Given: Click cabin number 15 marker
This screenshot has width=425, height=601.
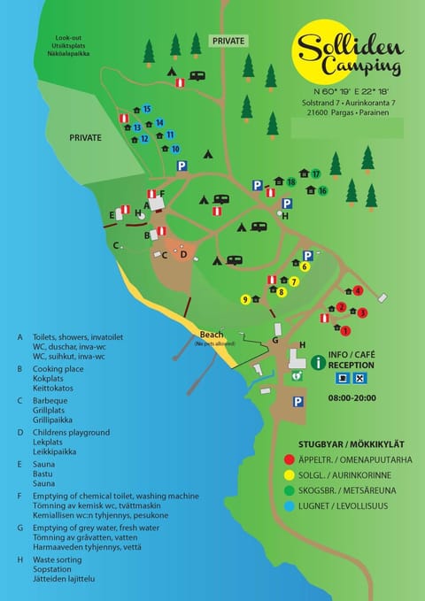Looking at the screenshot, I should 147,109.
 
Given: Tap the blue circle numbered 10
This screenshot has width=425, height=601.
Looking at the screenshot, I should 175,149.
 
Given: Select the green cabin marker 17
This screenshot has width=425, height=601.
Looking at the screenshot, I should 315,174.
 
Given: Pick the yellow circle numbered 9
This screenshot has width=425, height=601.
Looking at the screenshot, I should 244,299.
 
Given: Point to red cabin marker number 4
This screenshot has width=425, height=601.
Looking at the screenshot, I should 359,290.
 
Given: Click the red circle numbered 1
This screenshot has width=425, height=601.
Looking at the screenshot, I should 345,331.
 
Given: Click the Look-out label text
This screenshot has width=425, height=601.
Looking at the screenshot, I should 68,39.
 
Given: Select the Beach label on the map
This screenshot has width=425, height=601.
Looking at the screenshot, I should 211,334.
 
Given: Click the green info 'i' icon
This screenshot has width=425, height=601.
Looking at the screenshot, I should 319,362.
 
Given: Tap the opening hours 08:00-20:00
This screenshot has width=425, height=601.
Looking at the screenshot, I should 352,398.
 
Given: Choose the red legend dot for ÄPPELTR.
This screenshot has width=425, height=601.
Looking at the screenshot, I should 290,459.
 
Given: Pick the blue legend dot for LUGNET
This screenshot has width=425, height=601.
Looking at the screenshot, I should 290,507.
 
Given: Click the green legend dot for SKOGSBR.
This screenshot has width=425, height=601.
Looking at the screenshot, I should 290,491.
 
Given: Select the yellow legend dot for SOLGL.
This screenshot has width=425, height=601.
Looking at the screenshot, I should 290,475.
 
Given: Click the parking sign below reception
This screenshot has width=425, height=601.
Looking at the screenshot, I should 298,401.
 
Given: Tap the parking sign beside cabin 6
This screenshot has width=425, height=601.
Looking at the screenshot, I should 307,255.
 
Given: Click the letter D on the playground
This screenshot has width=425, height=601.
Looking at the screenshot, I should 183,255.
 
